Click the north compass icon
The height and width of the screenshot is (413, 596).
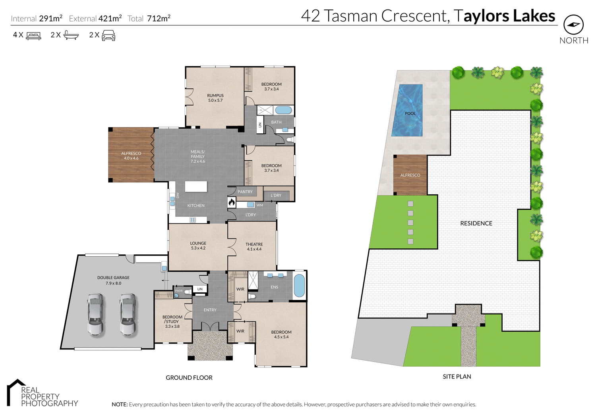[x=573, y=25]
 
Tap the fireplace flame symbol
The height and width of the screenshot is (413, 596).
[x=232, y=203]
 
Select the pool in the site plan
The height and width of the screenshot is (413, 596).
[x=407, y=110]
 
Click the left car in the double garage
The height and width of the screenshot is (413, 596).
[x=95, y=314]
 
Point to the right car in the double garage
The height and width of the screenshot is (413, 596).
[x=128, y=314]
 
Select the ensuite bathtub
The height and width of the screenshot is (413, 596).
[x=299, y=286]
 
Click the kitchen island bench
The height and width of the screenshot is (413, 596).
[x=196, y=186]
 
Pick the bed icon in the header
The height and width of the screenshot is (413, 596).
[x=33, y=36]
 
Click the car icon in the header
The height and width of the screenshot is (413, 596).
[x=108, y=36]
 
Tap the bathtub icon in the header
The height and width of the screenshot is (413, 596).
[x=71, y=35]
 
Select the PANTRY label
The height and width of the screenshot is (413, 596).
[x=245, y=192]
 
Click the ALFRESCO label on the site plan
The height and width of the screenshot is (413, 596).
[x=410, y=175]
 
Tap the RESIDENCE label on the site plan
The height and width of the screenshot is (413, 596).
[x=476, y=223]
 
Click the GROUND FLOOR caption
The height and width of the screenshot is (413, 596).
[x=189, y=378]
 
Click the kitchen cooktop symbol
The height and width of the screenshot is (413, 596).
[x=193, y=220]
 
